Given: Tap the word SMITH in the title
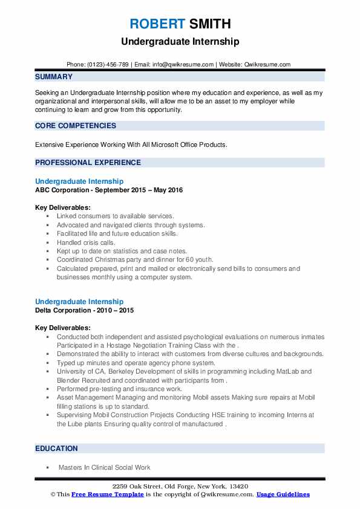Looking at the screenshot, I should click(x=209, y=24).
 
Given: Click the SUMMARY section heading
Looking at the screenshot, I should click(x=54, y=77).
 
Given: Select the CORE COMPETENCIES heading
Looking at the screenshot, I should click(x=76, y=126).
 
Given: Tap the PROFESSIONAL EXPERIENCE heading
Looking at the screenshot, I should click(x=88, y=163).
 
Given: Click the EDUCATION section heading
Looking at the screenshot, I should click(x=56, y=449).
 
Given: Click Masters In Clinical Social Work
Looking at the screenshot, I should click(x=104, y=467).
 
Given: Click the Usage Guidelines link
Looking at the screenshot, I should click(x=283, y=494).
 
